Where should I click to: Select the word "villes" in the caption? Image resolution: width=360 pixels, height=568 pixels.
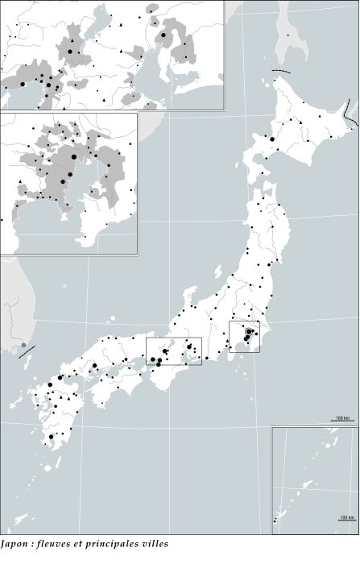[x=152, y=544]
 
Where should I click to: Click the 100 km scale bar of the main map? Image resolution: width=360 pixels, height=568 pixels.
[x=341, y=421]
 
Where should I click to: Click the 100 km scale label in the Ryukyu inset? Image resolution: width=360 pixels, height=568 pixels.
[x=346, y=516]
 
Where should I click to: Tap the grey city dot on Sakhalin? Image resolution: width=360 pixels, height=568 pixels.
[x=288, y=35]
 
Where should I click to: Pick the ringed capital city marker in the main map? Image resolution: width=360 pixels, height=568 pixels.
[x=249, y=332]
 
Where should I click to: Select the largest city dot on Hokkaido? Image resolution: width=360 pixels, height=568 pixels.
[x=272, y=139]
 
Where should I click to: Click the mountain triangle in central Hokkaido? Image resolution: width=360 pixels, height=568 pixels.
[x=299, y=122]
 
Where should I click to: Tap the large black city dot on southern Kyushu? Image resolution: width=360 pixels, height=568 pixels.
[x=51, y=437]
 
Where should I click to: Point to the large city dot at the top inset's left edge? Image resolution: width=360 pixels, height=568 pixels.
[x=23, y=84]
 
